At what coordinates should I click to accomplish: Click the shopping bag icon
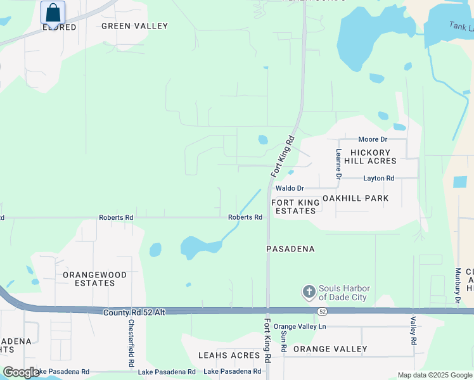(53, 12)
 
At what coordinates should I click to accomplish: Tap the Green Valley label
(135, 26)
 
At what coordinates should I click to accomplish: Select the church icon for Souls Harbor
(309, 292)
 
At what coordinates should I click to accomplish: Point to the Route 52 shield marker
(322, 311)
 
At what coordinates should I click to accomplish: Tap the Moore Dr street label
(373, 139)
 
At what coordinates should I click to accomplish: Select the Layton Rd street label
(379, 179)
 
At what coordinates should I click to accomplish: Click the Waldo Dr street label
(290, 189)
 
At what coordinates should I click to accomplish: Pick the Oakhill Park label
(355, 198)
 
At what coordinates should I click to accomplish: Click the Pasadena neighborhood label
(290, 249)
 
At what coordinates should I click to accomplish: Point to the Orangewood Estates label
(95, 279)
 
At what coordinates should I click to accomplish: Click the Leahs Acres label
(229, 355)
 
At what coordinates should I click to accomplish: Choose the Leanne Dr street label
(339, 164)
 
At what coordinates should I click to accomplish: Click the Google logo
(21, 372)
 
